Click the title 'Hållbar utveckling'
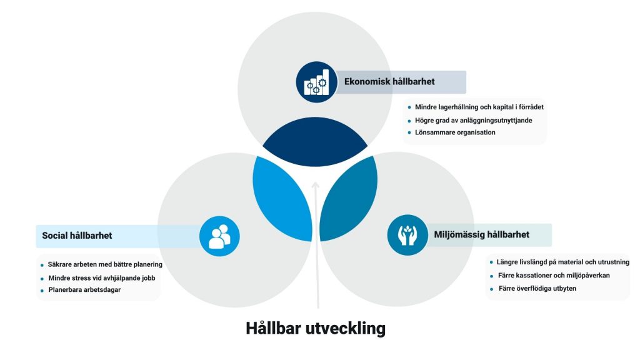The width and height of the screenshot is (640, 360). point(316,328)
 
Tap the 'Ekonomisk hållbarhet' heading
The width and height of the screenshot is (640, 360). point(389,82)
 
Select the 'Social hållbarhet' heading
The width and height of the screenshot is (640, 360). point(77,236)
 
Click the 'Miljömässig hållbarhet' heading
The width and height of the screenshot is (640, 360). point(482,235)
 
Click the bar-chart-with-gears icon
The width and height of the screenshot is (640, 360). point(316,82)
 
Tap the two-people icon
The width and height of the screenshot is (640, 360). point(219,236)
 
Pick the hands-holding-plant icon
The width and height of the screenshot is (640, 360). point(407,235)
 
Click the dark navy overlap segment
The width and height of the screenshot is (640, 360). point(315,142)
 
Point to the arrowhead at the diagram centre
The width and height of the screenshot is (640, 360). point(315,186)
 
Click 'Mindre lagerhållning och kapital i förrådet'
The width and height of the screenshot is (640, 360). point(479,107)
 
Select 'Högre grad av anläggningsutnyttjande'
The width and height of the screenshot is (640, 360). point(474,121)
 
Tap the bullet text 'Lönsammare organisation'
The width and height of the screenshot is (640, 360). point(455,132)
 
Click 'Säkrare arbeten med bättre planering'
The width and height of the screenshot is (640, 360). point(105,264)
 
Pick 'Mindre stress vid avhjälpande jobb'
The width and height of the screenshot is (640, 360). point(102,278)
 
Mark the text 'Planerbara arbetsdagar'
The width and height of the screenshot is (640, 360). point(84,290)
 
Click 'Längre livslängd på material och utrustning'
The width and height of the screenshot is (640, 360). point(563,262)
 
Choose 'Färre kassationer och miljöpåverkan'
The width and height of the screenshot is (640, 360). point(554,276)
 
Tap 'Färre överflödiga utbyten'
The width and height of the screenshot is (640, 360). point(537,288)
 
